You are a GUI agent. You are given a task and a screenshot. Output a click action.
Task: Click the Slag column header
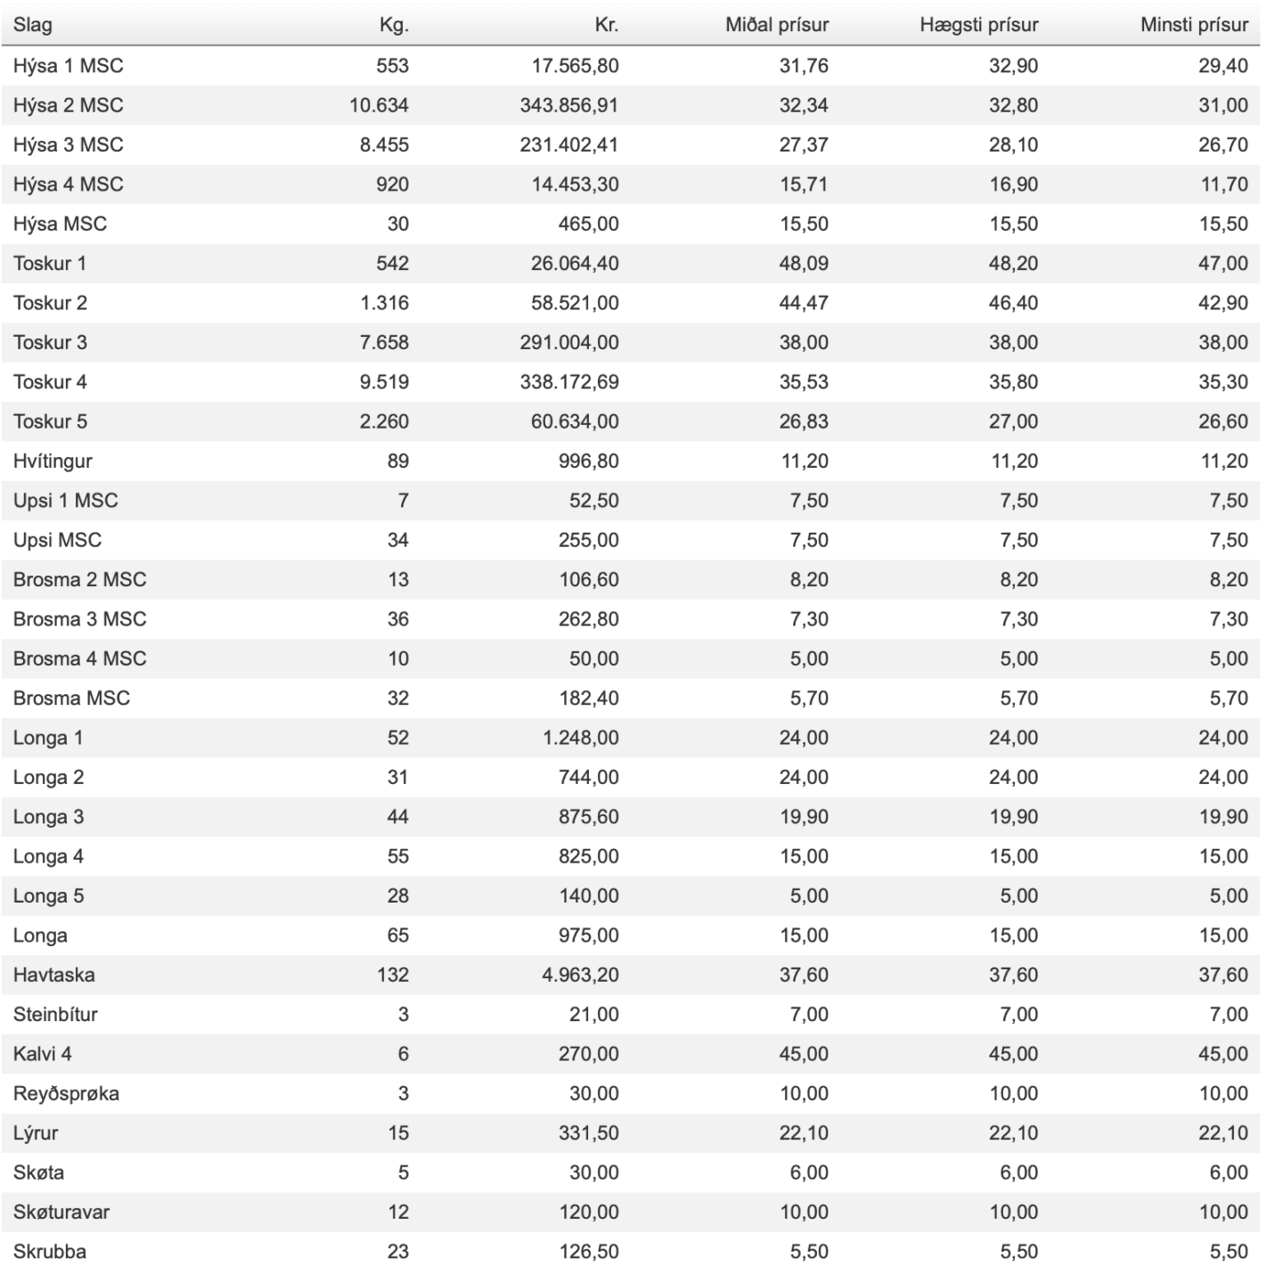(33, 25)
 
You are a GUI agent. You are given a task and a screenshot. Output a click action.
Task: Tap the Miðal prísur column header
(776, 25)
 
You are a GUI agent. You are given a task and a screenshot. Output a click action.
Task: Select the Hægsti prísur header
(978, 25)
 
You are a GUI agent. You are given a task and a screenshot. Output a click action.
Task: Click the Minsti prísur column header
(1193, 25)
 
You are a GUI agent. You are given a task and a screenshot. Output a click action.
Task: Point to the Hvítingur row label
(53, 461)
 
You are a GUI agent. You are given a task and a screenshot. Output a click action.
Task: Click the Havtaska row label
(53, 975)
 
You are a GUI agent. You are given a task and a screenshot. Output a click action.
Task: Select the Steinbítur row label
(55, 1014)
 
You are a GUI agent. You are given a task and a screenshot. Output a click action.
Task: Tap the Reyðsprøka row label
(66, 1093)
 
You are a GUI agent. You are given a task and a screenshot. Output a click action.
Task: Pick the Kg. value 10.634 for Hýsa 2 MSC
(379, 105)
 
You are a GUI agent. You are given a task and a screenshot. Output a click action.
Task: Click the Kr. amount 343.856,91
(568, 105)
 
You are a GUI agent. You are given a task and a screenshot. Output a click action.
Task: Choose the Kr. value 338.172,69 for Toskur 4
(568, 382)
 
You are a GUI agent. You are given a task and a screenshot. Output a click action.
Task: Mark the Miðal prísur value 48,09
(803, 264)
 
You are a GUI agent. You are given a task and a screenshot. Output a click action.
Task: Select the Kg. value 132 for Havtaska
(392, 975)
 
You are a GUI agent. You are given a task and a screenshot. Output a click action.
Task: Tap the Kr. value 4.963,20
(579, 975)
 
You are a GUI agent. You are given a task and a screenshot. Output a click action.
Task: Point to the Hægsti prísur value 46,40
(1013, 303)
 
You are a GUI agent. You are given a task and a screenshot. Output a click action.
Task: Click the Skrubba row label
(50, 1251)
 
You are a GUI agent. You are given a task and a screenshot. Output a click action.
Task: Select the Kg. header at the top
(394, 25)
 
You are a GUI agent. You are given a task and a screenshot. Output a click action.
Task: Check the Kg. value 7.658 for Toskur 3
(384, 342)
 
